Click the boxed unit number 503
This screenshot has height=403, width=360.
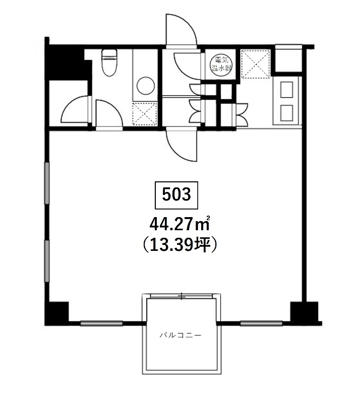click(176, 195)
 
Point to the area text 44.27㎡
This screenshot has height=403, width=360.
click(180, 224)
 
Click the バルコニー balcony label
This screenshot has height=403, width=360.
click(181, 335)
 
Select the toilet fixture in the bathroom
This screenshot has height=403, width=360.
click(109, 62)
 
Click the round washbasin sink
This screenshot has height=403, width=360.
click(146, 86)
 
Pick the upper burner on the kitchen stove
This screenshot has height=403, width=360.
click(287, 90)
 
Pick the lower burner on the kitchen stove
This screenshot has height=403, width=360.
click(287, 113)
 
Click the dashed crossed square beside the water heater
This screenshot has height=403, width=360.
click(256, 64)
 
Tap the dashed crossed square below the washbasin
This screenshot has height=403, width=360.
click(145, 114)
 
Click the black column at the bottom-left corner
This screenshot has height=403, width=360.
click(56, 313)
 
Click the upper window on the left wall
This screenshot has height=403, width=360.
click(47, 183)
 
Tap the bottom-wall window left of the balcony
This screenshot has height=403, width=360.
click(102, 323)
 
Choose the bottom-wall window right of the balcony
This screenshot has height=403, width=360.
click(261, 323)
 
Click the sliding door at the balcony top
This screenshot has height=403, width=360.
click(182, 296)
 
